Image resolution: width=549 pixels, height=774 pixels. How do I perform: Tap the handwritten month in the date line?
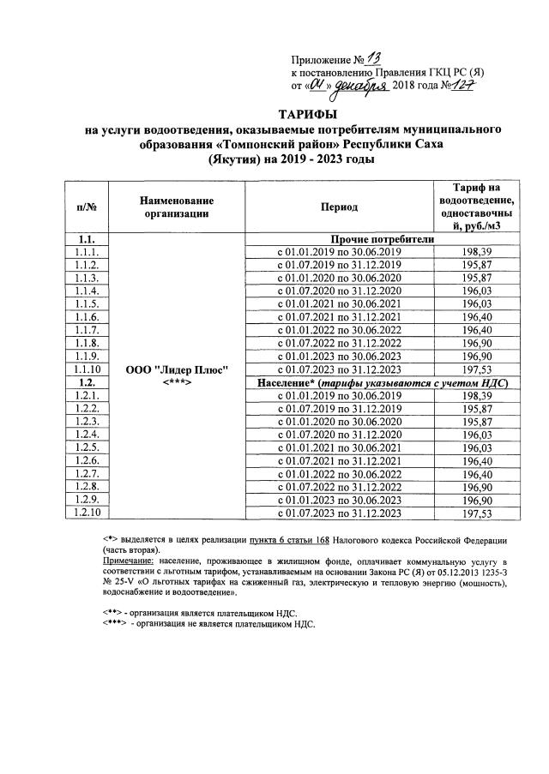tap(361, 86)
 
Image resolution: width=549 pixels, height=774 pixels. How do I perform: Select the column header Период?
tap(340, 207)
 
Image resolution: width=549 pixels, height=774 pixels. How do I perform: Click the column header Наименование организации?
tap(177, 207)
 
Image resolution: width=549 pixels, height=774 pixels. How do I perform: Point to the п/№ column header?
tap(89, 207)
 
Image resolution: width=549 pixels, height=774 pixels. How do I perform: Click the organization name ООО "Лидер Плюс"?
tap(181, 369)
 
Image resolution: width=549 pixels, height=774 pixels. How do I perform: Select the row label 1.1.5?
tap(89, 304)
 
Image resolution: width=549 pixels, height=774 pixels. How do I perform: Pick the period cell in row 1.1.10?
tap(340, 369)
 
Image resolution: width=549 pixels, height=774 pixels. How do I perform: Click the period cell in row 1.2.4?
tap(340, 434)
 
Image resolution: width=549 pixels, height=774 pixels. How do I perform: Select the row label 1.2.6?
tap(89, 460)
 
